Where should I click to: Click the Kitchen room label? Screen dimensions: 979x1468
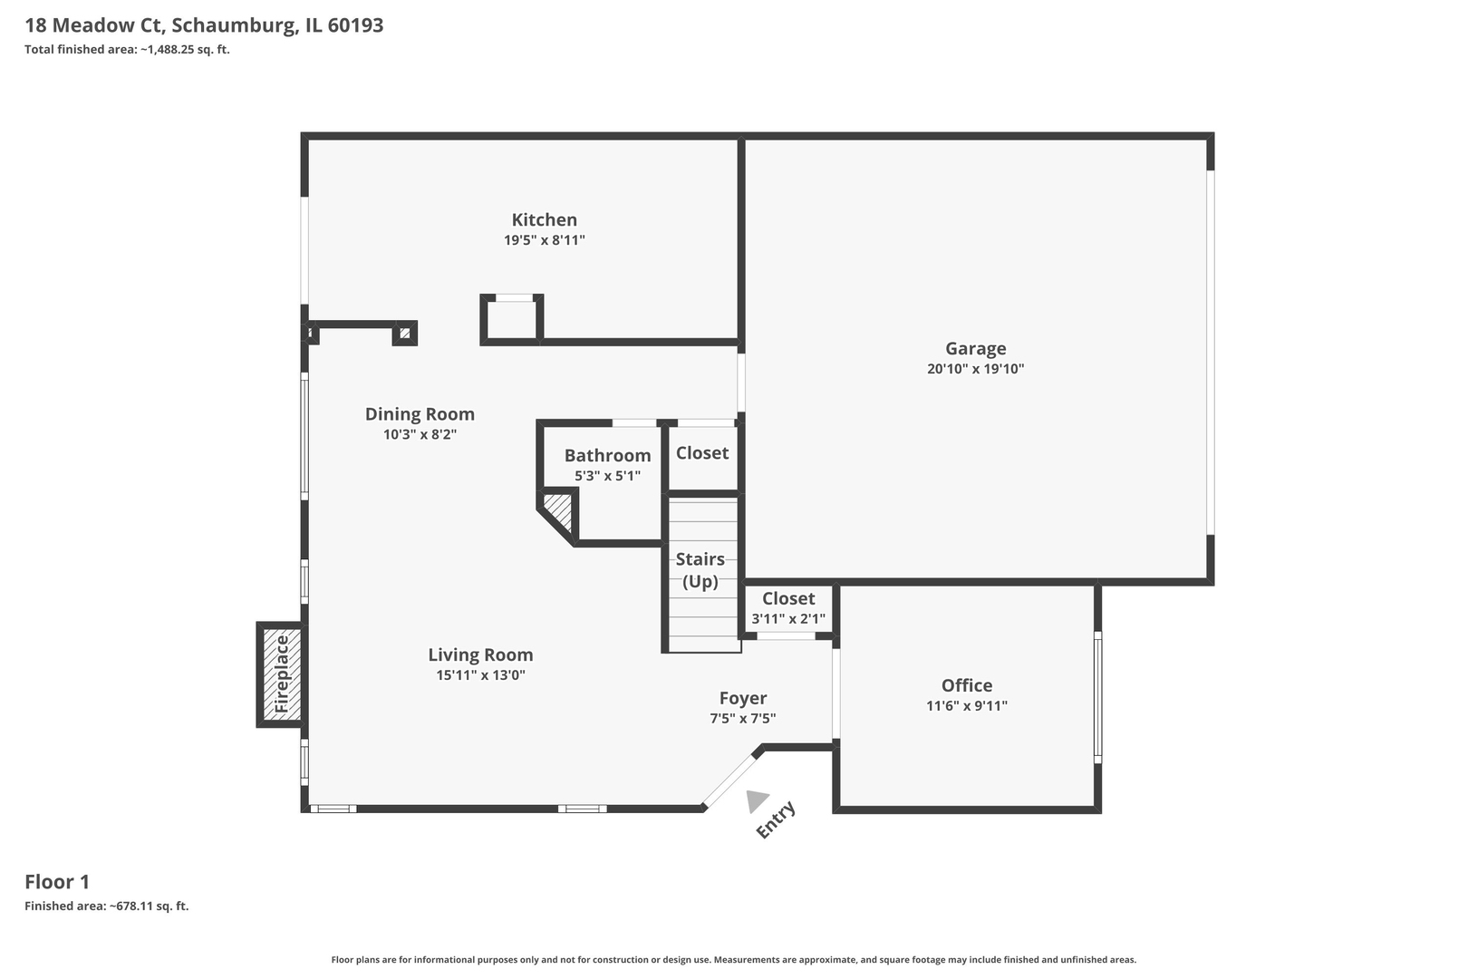(x=544, y=219)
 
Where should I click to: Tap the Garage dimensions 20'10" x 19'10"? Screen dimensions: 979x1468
(x=975, y=369)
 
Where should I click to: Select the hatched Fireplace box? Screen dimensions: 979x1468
(x=281, y=674)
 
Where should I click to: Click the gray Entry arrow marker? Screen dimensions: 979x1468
(x=756, y=800)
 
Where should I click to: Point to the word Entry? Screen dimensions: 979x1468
(x=776, y=819)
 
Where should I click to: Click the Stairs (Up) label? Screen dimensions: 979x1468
(x=700, y=570)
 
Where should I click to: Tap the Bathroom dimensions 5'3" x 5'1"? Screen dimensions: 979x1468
(x=607, y=476)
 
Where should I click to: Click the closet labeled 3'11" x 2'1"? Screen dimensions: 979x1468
(x=787, y=608)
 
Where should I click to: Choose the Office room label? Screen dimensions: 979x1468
(x=966, y=685)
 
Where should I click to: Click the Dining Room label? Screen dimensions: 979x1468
(x=420, y=414)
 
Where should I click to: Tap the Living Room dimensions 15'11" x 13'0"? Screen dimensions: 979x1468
(x=480, y=675)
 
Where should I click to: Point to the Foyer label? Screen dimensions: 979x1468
(x=743, y=698)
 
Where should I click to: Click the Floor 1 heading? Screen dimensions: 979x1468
(x=57, y=881)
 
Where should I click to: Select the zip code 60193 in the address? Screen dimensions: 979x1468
(x=355, y=25)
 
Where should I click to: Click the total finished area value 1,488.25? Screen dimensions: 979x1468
(x=172, y=50)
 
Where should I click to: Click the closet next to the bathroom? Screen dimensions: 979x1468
(x=702, y=453)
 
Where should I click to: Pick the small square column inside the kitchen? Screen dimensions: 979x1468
(x=512, y=319)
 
